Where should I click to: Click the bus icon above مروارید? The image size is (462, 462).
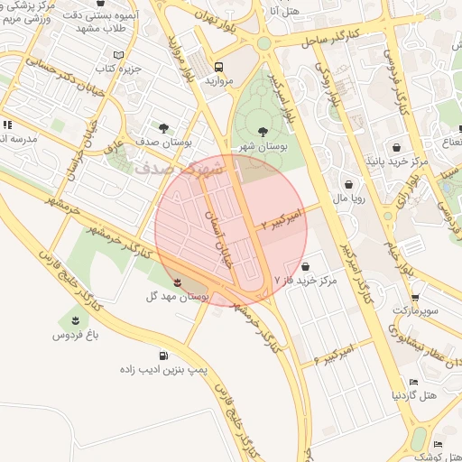(x=219, y=66)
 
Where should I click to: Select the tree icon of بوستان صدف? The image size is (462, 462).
(x=162, y=128)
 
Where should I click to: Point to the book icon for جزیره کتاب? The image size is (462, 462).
(x=118, y=55)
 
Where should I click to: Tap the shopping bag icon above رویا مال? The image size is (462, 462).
(x=348, y=184)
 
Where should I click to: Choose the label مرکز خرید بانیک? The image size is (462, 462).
(x=393, y=162)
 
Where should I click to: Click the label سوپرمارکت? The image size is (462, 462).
(x=414, y=310)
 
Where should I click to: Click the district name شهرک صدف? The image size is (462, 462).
(x=171, y=169)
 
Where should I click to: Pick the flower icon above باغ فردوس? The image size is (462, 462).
(x=74, y=320)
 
